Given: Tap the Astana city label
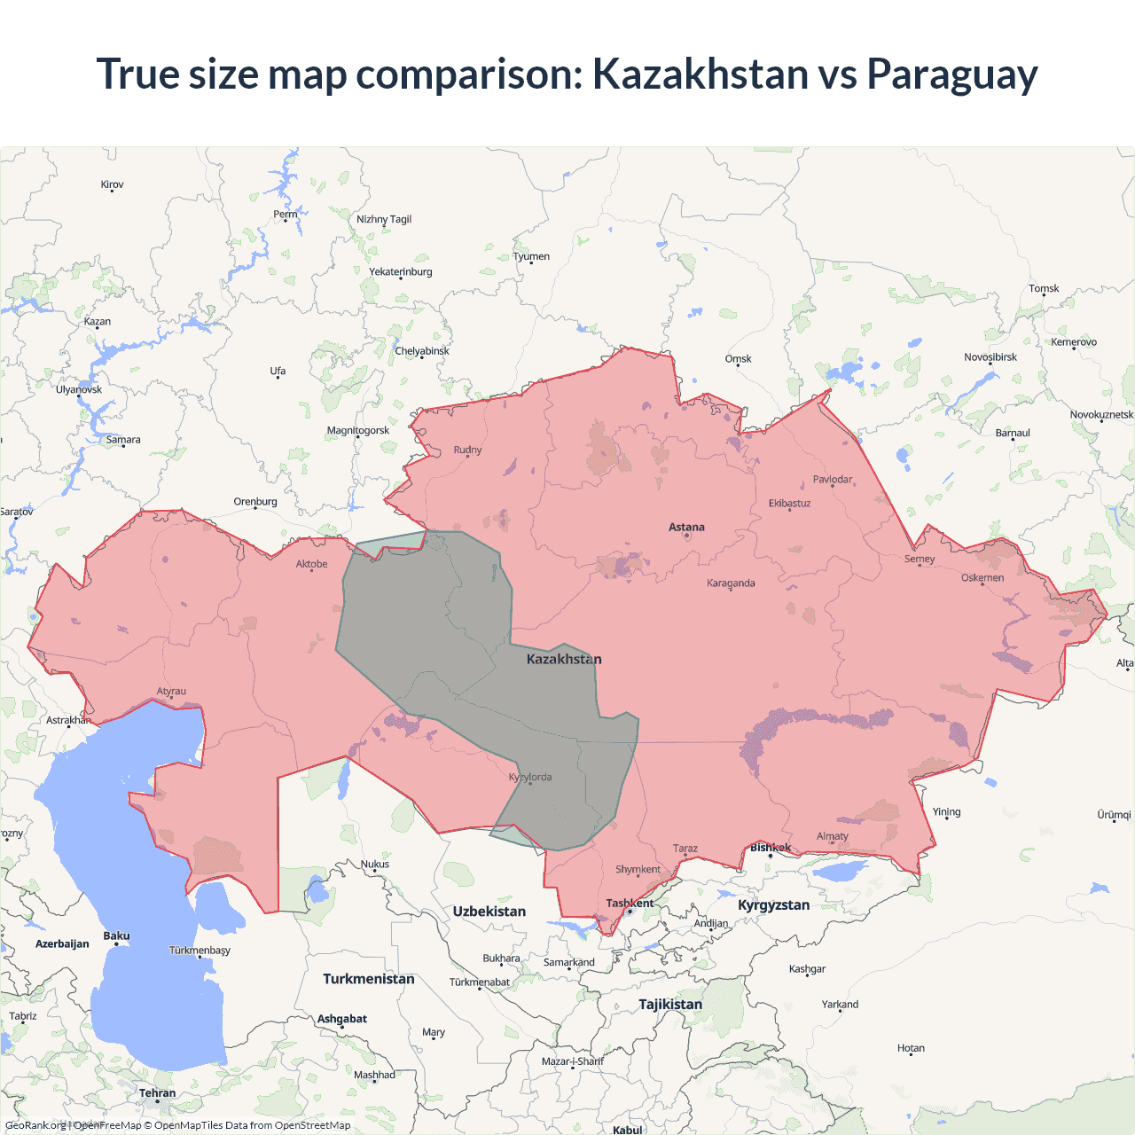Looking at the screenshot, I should pos(686,527).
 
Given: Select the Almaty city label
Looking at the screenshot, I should pos(832,836).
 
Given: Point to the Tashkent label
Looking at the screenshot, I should pos(630,904).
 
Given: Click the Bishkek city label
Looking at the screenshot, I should pos(770,848).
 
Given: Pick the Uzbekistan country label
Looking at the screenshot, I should pos(489,912).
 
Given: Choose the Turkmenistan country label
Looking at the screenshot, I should pos(368,979).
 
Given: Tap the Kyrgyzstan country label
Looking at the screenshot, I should pos(773,905).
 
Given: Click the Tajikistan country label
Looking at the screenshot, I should pos(669,1005).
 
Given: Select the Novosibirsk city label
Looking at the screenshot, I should pos(990,357).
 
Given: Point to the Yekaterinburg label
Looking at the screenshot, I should pos(401,272).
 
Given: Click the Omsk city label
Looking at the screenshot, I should pos(738,359).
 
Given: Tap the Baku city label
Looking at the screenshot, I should pos(116,936).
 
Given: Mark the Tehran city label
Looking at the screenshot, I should pos(157,1093).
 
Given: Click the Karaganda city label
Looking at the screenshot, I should pos(731,583).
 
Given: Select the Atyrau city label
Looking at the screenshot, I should pos(171,692).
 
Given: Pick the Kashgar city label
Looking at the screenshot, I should pos(807,969).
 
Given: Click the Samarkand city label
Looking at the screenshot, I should pos(568,963).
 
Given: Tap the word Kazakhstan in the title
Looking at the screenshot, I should pos(700,74).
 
